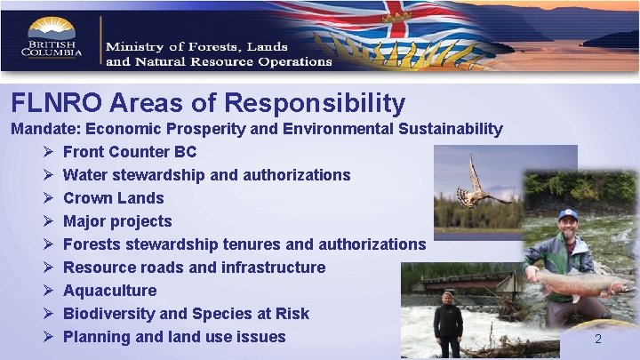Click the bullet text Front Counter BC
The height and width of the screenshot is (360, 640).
pyautogui.click(x=130, y=152)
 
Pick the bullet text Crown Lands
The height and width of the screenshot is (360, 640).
pyautogui.click(x=114, y=198)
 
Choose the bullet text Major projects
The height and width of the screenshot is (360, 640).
pyautogui.click(x=117, y=221)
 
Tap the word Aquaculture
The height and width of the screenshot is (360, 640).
pyautogui.click(x=109, y=291)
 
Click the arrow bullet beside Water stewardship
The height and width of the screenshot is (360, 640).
pyautogui.click(x=47, y=175)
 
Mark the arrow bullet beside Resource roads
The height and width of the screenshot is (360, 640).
pyautogui.click(x=47, y=268)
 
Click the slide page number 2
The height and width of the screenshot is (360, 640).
pyautogui.click(x=598, y=339)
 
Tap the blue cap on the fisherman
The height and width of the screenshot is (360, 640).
pyautogui.click(x=568, y=214)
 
